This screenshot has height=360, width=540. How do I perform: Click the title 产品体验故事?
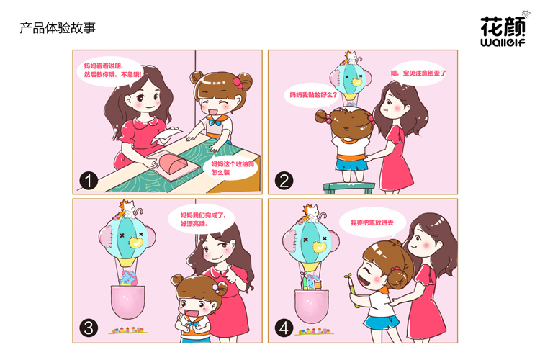58,28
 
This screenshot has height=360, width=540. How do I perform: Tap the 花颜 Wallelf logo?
503,30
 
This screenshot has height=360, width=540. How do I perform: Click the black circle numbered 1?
89,181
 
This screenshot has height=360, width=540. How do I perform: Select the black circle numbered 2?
284,181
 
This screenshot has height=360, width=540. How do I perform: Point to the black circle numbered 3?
89,328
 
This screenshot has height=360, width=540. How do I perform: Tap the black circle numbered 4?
284,328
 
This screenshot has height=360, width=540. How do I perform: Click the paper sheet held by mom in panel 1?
166,135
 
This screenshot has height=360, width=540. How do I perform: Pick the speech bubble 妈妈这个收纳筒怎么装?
230,168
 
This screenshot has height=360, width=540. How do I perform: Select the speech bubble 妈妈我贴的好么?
312,95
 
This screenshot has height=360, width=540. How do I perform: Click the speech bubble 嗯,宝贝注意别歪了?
418,73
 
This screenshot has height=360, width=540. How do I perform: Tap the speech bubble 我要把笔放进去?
373,223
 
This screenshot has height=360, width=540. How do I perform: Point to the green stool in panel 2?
349,188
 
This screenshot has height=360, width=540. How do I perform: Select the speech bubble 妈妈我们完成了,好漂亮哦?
202,220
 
